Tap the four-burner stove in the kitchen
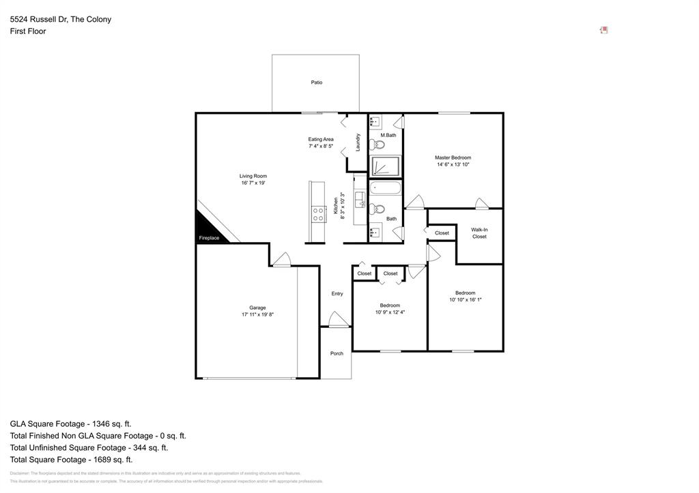point(318,215)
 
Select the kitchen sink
point(360,199)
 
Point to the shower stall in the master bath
point(386,166)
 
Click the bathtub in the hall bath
point(386,188)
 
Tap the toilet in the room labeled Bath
point(380,209)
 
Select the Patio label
point(316,83)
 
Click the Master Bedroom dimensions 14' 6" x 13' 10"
point(453,164)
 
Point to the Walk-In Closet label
point(479,233)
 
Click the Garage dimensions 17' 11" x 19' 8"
point(257,314)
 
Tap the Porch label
point(337,353)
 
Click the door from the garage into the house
point(281,260)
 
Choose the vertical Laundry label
point(358,142)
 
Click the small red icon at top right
point(603,30)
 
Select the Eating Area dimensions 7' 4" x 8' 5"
point(321,146)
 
